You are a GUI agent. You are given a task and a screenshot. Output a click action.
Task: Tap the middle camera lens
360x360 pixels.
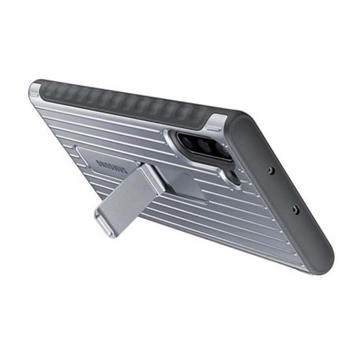tap(203, 145)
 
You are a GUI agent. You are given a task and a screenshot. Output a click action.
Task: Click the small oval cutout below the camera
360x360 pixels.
tap(232, 175)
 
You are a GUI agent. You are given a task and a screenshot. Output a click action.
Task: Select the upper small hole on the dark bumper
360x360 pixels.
tap(272, 170)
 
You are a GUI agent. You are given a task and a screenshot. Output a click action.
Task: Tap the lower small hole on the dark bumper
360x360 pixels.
tap(297, 209)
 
